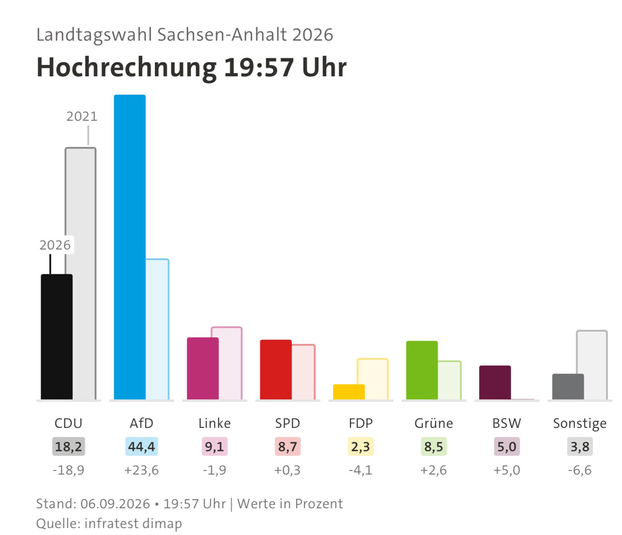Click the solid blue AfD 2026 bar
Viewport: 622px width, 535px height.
(130, 247)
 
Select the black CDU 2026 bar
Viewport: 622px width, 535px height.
(57, 337)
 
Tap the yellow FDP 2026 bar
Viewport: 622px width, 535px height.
(349, 392)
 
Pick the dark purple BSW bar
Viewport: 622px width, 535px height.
(495, 382)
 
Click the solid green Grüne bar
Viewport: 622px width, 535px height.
(422, 370)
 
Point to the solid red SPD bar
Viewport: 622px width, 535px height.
(275, 369)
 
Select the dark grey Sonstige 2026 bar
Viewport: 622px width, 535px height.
(568, 386)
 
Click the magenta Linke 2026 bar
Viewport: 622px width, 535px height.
(203, 369)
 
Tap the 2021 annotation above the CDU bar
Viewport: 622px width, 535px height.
(82, 116)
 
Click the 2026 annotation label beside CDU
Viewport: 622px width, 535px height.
(55, 245)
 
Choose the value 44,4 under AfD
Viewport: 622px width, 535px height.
(142, 447)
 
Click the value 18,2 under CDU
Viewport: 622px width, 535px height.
(68, 447)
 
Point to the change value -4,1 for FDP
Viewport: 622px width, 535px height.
(361, 470)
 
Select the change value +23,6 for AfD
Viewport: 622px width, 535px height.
(141, 470)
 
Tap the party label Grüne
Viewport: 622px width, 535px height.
(434, 423)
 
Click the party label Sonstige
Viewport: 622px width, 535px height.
(580, 424)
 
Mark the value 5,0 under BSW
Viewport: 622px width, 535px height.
(506, 447)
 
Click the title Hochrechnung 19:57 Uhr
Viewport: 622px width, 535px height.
(192, 67)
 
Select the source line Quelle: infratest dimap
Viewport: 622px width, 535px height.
(109, 524)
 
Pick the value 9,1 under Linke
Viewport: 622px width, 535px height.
(215, 447)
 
